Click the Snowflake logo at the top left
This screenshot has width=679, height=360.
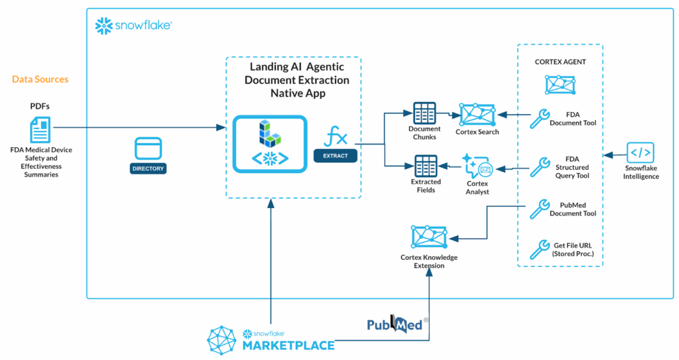pyautogui.click(x=133, y=25)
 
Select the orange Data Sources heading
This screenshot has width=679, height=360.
pyautogui.click(x=40, y=80)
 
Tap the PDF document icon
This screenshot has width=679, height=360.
pyautogui.click(x=40, y=129)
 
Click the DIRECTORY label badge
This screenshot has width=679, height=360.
pyautogui.click(x=147, y=169)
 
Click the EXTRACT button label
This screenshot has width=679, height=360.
pyautogui.click(x=335, y=156)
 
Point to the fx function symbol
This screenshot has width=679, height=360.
pyautogui.click(x=335, y=139)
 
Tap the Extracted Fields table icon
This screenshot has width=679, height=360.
pyautogui.click(x=425, y=166)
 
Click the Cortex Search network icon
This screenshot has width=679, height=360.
pyautogui.click(x=477, y=114)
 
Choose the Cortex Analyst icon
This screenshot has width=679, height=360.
pyautogui.click(x=477, y=166)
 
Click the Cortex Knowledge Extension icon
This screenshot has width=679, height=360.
pyautogui.click(x=429, y=237)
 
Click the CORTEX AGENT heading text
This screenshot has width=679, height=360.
pyautogui.click(x=560, y=62)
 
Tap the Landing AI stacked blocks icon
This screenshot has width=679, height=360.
pyautogui.click(x=268, y=133)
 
